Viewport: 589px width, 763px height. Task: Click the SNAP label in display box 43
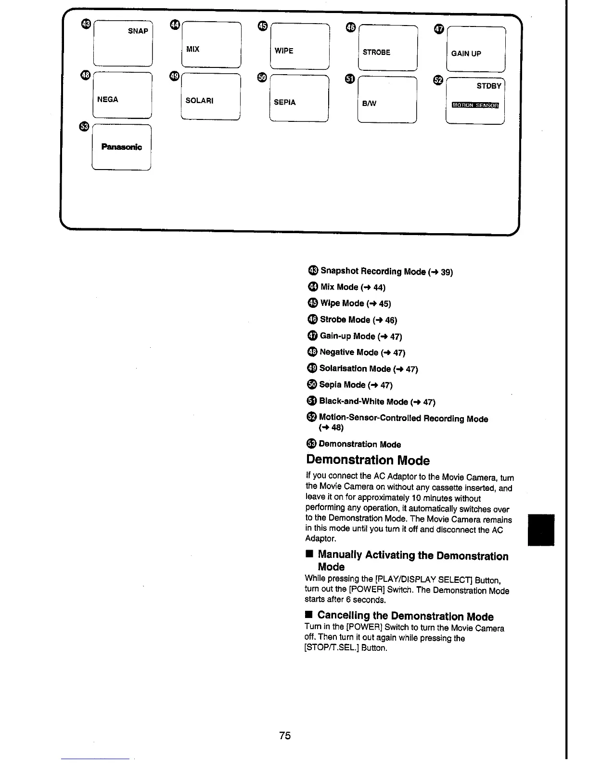pos(138,31)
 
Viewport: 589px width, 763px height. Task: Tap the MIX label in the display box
pos(192,49)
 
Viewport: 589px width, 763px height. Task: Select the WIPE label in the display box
pos(283,51)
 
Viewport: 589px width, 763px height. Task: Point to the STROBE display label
pos(376,52)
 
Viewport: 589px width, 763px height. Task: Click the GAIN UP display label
pos(466,53)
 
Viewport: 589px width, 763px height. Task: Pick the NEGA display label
pos(107,99)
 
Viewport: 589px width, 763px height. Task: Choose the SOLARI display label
pos(199,101)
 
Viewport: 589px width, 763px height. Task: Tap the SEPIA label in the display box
pos(284,102)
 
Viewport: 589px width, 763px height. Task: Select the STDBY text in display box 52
pos(488,86)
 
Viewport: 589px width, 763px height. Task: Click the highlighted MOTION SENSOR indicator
pos(475,105)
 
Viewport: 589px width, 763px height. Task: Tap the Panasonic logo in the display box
pos(121,147)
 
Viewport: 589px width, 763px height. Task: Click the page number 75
pos(285,736)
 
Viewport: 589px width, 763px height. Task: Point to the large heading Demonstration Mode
pos(368,460)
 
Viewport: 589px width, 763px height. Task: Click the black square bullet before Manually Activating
pos(309,555)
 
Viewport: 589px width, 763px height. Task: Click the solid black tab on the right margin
pos(541,530)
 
